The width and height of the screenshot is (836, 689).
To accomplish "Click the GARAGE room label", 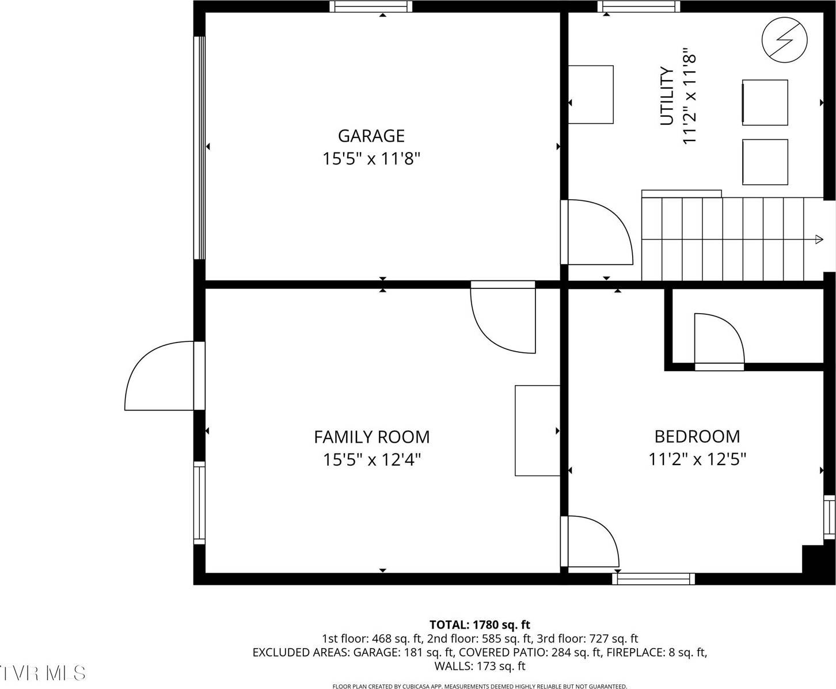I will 371,136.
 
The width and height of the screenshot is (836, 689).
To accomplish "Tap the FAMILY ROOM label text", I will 371,437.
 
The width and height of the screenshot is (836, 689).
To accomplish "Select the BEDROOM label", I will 697,436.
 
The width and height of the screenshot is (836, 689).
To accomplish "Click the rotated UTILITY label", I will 667,96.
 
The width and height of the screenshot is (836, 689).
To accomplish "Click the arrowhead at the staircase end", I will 819,239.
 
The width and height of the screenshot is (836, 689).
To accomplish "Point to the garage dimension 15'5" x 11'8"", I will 371,159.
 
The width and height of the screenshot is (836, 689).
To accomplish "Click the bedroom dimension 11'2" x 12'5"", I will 697,459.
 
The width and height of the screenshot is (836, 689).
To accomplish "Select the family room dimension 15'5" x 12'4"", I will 371,460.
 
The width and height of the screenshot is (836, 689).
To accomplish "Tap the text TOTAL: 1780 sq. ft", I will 480,625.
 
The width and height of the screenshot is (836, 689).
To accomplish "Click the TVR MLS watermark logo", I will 43,672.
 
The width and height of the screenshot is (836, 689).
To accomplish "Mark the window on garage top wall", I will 371,6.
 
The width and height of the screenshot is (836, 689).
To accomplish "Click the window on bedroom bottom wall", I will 653,578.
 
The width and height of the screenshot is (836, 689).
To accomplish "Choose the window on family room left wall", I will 199,503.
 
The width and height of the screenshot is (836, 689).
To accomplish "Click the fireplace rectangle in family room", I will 537,431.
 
